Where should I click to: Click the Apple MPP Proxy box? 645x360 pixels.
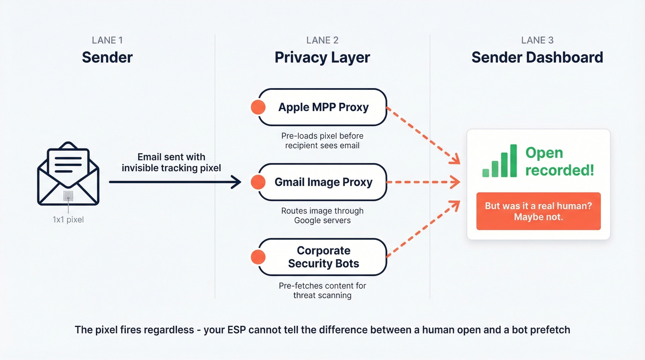(323, 107)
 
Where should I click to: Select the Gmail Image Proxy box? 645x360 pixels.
(323, 182)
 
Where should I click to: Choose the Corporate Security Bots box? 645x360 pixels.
(323, 257)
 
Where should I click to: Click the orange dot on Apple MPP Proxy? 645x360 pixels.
(258, 107)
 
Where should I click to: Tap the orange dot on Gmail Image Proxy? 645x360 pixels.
(258, 182)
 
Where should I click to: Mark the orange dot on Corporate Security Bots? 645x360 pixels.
(258, 257)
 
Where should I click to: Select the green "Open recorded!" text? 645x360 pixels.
(559, 161)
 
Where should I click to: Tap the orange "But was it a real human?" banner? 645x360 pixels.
(538, 211)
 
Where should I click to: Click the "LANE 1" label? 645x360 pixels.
(107, 40)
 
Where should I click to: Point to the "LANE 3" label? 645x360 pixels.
(537, 40)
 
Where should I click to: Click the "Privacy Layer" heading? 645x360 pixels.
(322, 58)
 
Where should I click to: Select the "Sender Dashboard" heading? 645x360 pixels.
(537, 58)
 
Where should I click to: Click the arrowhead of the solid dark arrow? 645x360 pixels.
(237, 182)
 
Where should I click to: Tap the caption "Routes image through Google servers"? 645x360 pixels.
(322, 215)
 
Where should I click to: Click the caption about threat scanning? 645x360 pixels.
(322, 290)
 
